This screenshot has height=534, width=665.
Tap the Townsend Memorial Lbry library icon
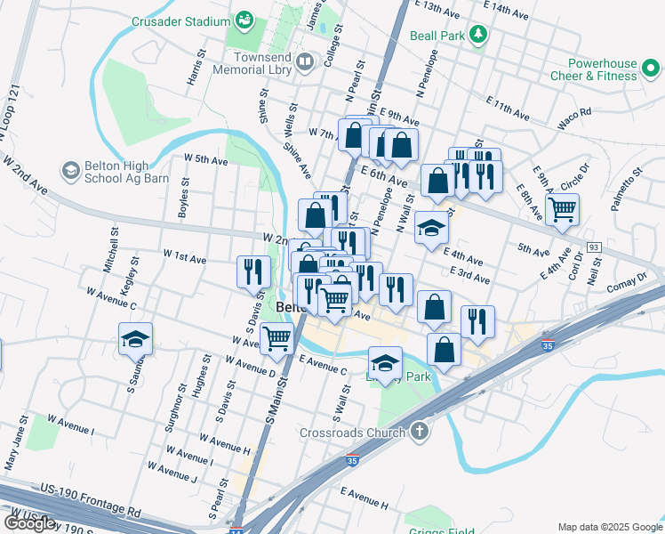[x=305, y=61]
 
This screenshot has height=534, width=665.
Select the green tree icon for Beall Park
[x=479, y=35]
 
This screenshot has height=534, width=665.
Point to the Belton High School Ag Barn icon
[x=69, y=170]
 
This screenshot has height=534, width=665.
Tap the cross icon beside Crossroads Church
[x=420, y=433]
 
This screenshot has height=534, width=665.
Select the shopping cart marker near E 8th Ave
[x=562, y=211]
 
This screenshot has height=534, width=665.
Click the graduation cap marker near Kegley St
[x=135, y=339]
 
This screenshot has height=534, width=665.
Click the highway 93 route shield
[x=593, y=246]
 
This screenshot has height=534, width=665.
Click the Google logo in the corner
[x=29, y=522]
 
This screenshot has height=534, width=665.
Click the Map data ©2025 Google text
[x=609, y=527]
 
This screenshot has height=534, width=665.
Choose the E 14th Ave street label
[x=509, y=10]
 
